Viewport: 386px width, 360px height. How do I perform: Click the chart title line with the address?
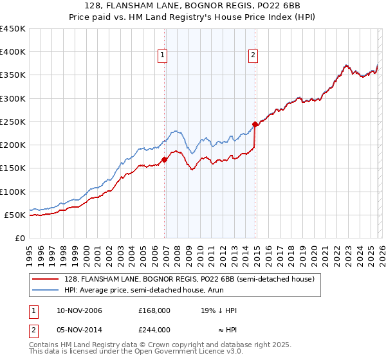pos(192,6)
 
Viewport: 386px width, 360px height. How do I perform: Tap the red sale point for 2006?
pos(164,159)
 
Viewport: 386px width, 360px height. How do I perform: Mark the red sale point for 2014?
pos(255,123)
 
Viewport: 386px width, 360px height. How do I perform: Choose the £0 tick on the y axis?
pos(19,238)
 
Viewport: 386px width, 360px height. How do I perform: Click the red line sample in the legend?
pos(47,279)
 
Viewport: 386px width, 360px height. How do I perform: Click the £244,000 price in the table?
pos(154,329)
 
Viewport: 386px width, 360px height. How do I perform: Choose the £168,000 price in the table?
pos(154,310)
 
